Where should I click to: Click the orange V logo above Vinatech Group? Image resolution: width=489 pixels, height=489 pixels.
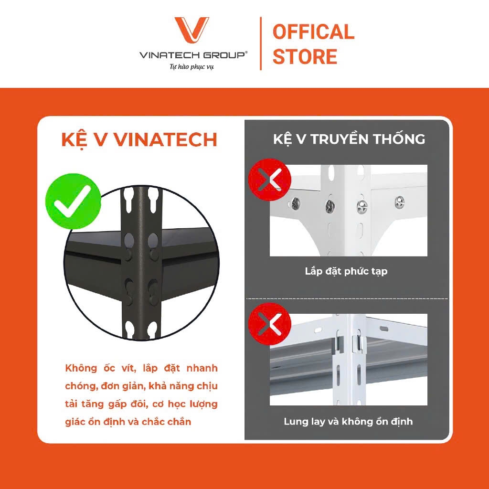[x=191, y=30]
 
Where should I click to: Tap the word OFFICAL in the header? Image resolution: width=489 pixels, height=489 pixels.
[x=313, y=32]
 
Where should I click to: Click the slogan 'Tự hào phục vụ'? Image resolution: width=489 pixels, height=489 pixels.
[x=192, y=66]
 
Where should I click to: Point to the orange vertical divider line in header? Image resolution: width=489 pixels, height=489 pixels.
[x=260, y=43]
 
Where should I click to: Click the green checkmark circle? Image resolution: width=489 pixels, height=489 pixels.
[x=73, y=201]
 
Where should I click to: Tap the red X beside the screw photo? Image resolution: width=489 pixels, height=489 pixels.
[x=269, y=180]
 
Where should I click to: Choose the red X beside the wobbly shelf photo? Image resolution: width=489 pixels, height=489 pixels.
[x=269, y=324]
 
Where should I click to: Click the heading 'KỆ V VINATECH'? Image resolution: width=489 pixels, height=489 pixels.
[x=139, y=140]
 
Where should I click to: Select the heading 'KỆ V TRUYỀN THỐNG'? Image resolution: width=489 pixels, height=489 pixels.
[x=349, y=138]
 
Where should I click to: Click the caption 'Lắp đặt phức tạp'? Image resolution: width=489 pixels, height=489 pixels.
[x=346, y=271]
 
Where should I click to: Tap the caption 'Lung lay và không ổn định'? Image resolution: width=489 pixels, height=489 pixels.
[x=348, y=422]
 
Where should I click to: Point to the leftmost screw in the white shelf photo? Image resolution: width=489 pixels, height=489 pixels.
[x=295, y=203]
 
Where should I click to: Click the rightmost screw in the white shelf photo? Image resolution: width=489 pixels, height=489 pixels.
[x=400, y=202]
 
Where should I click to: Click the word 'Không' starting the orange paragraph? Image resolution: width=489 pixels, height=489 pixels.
[x=81, y=368]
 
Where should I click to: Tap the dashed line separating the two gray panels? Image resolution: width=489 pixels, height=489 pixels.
[x=347, y=299]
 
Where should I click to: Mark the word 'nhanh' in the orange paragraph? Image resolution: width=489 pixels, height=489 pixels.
[x=202, y=368]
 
